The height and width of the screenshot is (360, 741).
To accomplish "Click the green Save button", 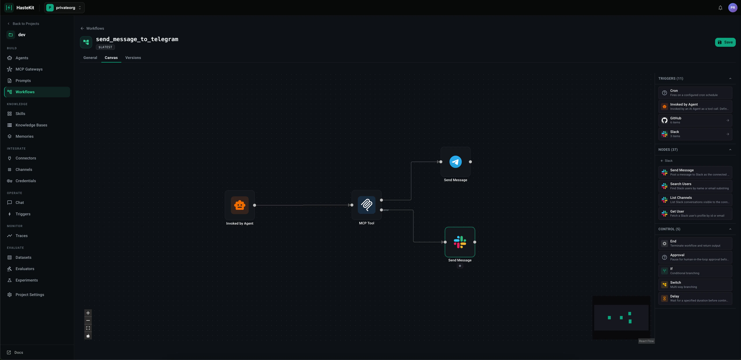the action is pos(725,42).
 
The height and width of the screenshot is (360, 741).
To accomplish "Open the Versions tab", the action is pos(133,58).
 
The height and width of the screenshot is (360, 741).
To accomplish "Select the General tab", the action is pos(90,58).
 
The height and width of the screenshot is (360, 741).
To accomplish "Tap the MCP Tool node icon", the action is pos(366,205).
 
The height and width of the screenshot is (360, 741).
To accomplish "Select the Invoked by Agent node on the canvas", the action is pos(240,205).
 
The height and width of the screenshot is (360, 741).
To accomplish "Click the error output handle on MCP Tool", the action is pos(381,210).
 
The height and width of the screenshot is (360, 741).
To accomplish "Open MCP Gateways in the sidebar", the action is pos(29,69).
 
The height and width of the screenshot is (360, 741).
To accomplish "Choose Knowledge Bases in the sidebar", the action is pos(31,125).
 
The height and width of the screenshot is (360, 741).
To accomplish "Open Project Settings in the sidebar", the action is pos(30,295).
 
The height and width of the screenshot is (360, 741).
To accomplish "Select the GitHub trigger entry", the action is pos(695,120).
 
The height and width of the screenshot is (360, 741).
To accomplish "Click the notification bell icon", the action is pos(720,8).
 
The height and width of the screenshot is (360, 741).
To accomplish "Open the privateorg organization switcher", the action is pos(64,8).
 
